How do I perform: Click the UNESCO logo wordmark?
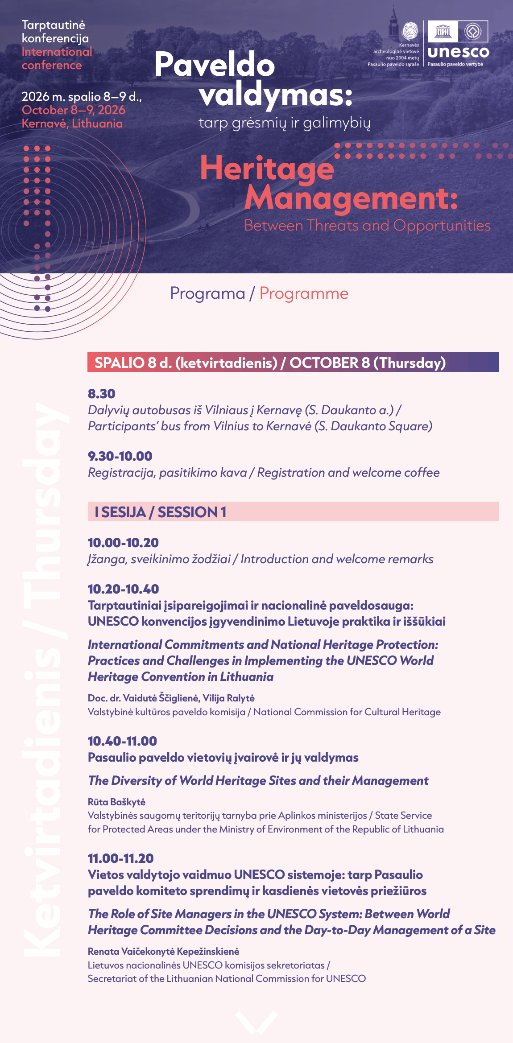pyautogui.click(x=458, y=52)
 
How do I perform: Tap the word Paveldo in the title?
pyautogui.click(x=215, y=64)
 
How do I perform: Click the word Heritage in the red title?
pyautogui.click(x=267, y=168)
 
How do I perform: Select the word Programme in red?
pyautogui.click(x=304, y=293)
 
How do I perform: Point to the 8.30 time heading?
pyautogui.click(x=101, y=394)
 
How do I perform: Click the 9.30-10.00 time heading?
pyautogui.click(x=120, y=456)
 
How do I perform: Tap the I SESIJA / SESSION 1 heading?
pyautogui.click(x=161, y=512)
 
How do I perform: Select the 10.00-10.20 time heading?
pyautogui.click(x=123, y=543)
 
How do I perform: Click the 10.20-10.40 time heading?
pyautogui.click(x=123, y=589)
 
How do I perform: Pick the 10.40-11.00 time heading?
pyautogui.click(x=122, y=741)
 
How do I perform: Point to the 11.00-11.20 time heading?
pyautogui.click(x=120, y=858)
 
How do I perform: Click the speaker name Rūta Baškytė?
pyautogui.click(x=116, y=802)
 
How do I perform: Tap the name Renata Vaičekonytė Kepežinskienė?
pyautogui.click(x=163, y=951)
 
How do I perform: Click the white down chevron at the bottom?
pyautogui.click(x=256, y=1022)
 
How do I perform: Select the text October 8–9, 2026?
pyautogui.click(x=74, y=110)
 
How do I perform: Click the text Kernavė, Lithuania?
pyautogui.click(x=72, y=124)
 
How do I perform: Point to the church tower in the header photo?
pyautogui.click(x=393, y=22)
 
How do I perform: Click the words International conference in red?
pyautogui.click(x=57, y=58)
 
